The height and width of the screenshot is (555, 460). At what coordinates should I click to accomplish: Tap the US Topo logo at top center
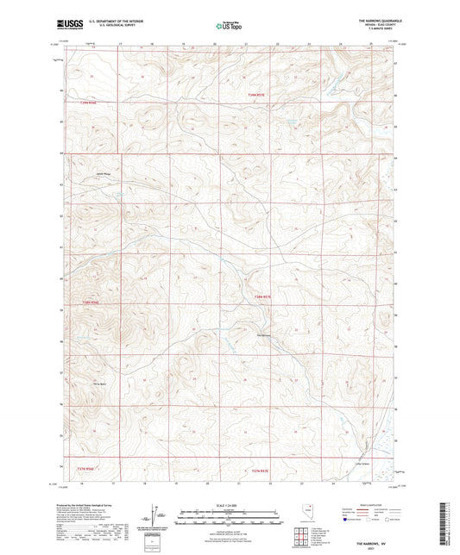(228, 26)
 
